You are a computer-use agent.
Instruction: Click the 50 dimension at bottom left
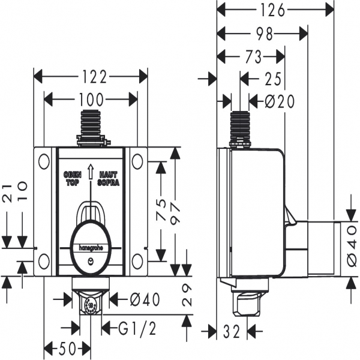coord(67,348)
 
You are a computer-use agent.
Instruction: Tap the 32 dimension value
coord(230,330)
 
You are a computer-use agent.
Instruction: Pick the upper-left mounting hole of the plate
coord(43,161)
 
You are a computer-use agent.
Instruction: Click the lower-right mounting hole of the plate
coord(137,260)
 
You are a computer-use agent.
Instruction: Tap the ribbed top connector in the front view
coord(91,124)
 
